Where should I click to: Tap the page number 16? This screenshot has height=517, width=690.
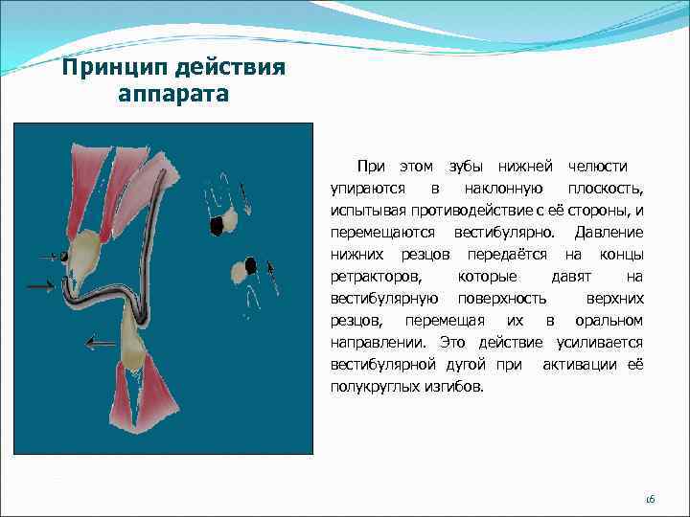coord(649,499)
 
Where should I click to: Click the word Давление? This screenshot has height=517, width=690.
coord(608,233)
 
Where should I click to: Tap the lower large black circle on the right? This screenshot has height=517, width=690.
coord(250,264)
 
